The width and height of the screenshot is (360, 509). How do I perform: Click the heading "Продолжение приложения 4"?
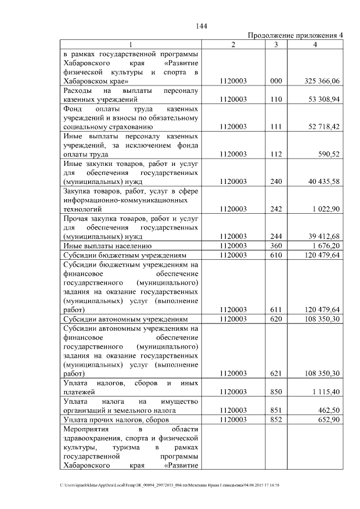(x=295, y=35)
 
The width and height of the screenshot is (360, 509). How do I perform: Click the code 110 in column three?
(x=276, y=99)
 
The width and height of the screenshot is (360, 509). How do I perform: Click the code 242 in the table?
(x=276, y=209)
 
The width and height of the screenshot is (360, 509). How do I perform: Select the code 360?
(x=276, y=245)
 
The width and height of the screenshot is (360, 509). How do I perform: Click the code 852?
(x=276, y=420)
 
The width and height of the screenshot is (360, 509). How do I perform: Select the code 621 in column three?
(x=276, y=373)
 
